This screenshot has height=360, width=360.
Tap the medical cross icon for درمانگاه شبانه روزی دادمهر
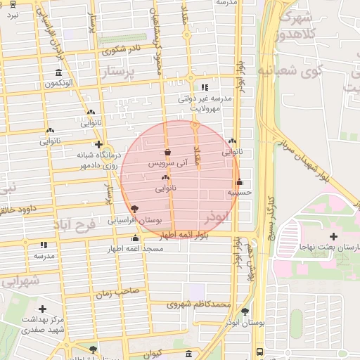pyautogui.click(x=98, y=144)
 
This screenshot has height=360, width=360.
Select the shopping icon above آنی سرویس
pyautogui.click(x=167, y=151)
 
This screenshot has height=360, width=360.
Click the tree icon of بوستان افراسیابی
pyautogui.click(x=134, y=208)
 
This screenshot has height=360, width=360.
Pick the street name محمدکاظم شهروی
pyautogui.click(x=199, y=304)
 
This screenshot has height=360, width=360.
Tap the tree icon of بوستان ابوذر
pyautogui.click(x=245, y=311)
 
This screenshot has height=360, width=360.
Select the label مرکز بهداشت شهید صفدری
pyautogui.click(x=43, y=324)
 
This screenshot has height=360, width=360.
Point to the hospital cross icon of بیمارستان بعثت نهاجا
pyautogui.click(x=333, y=236)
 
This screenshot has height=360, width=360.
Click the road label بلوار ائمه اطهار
pyautogui.click(x=181, y=235)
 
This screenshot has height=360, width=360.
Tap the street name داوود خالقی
pyautogui.click(x=17, y=210)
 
